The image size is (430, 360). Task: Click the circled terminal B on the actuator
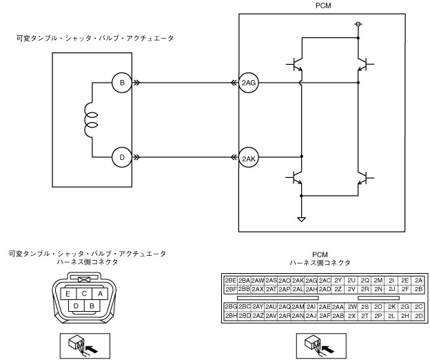(x=122, y=83)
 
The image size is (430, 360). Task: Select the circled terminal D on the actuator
(x=122, y=157)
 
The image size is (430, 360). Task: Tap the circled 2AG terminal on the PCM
(x=249, y=83)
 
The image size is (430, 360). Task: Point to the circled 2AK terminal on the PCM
(x=249, y=157)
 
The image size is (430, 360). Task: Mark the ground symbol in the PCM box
(x=302, y=219)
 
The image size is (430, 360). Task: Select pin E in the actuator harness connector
(x=67, y=293)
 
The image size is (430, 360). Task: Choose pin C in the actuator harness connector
(x=83, y=293)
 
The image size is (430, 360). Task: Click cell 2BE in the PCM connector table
(x=230, y=281)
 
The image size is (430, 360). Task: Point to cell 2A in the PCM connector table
(x=419, y=281)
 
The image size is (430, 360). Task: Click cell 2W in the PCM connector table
(x=351, y=306)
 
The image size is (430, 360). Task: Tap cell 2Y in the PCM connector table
(x=338, y=281)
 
